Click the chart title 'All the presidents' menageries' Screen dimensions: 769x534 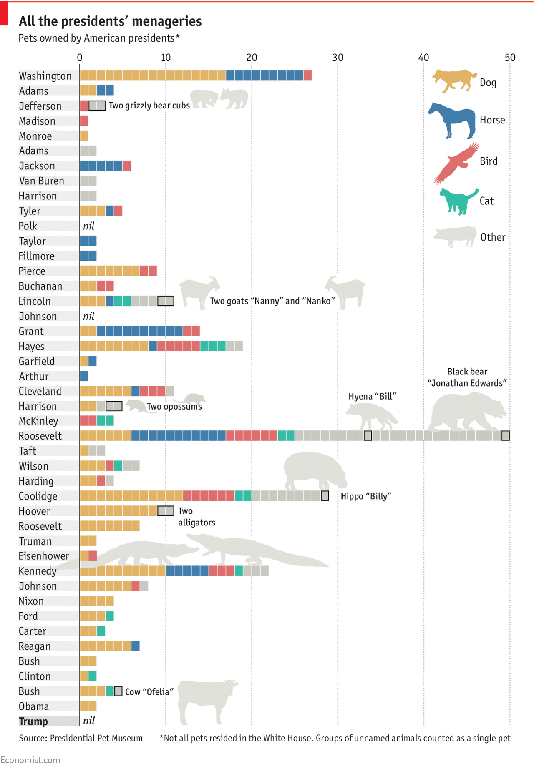pyautogui.click(x=110, y=21)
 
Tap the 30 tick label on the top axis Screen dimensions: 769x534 pyautogui.click(x=338, y=58)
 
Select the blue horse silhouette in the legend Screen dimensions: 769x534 pyautogui.click(x=452, y=120)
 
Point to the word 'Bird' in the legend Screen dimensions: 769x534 pyautogui.click(x=489, y=161)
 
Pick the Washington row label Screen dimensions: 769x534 pyautogui.click(x=45, y=76)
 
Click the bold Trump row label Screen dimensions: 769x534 pyautogui.click(x=33, y=721)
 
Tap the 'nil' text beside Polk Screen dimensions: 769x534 pyautogui.click(x=88, y=226)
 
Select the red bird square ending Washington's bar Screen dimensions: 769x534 pyautogui.click(x=307, y=75)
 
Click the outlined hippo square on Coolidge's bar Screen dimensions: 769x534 pyautogui.click(x=325, y=496)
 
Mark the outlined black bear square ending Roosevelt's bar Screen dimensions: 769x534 pyautogui.click(x=505, y=436)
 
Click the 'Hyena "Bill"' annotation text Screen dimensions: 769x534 pyautogui.click(x=372, y=396)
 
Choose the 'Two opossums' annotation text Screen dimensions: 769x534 pyautogui.click(x=174, y=407)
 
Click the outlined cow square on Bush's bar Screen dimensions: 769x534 pyautogui.click(x=118, y=691)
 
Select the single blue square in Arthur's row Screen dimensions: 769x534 pyautogui.click(x=84, y=376)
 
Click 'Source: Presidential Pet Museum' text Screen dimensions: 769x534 pyautogui.click(x=81, y=738)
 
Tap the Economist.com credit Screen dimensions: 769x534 pyautogui.click(x=30, y=760)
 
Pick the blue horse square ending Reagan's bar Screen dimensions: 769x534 pyautogui.click(x=135, y=646)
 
